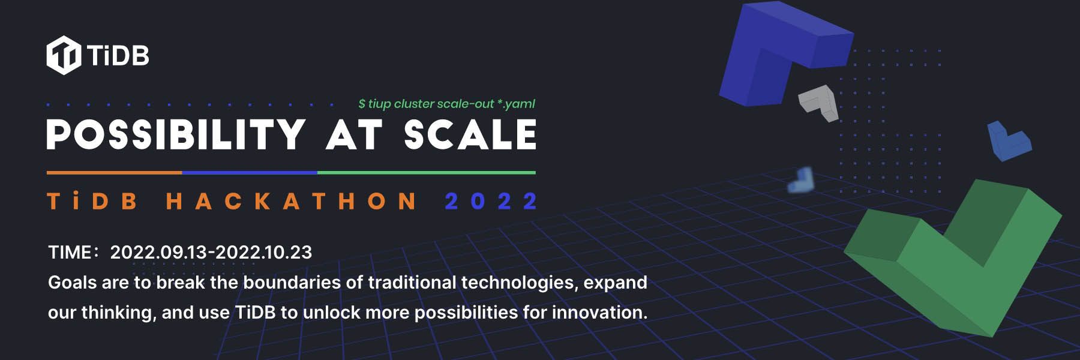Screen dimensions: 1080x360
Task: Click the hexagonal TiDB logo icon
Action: point(64,55)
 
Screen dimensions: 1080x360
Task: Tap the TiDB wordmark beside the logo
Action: point(118,56)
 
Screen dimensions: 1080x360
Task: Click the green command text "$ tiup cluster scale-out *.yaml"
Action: point(446,104)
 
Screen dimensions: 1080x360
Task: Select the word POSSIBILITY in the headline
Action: point(176,134)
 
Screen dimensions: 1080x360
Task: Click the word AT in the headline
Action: point(354,134)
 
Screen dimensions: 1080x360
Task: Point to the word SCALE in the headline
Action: point(470,134)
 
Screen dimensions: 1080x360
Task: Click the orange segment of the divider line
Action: point(114,173)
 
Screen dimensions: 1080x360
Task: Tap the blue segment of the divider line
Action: point(250,173)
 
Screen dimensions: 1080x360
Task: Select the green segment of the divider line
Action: point(427,173)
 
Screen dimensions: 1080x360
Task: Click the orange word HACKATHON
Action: point(291,201)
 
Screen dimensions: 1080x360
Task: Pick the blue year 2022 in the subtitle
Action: point(491,201)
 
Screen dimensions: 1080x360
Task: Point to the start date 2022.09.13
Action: point(158,252)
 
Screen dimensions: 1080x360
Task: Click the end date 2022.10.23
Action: point(263,252)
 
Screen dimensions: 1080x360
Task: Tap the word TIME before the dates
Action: point(70,252)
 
